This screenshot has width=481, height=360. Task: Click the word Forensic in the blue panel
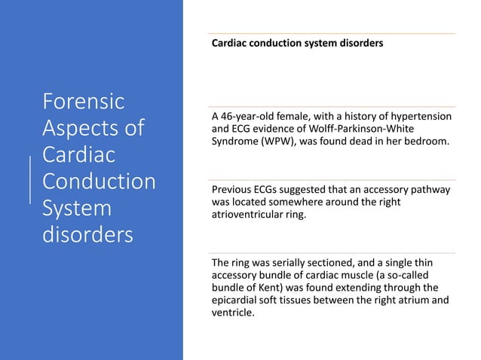[83, 100]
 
